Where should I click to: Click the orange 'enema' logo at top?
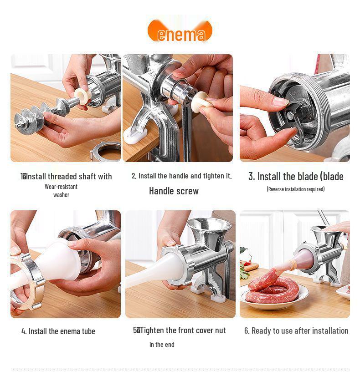tap(180, 31)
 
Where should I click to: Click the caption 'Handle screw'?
tap(174, 191)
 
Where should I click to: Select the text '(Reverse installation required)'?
tap(295, 189)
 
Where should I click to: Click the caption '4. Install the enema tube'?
tap(58, 331)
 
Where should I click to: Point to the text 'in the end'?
tap(162, 345)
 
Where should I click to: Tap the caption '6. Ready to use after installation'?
tap(296, 331)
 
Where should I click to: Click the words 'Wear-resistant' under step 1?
tap(61, 187)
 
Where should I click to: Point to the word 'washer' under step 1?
tap(61, 195)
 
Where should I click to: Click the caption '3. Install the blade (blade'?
tap(296, 177)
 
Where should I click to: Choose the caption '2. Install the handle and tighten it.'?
tap(181, 176)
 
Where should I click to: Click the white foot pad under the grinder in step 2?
tap(134, 135)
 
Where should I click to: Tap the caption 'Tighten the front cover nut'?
tap(182, 330)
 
